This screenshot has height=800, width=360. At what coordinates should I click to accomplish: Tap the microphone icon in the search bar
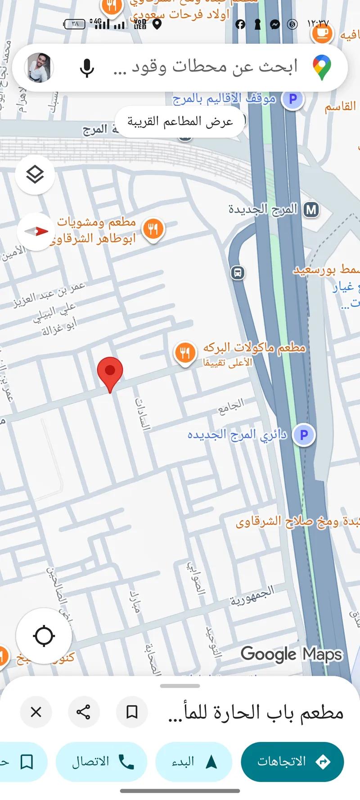pyautogui.click(x=87, y=68)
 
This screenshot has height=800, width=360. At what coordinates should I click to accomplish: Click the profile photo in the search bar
pyautogui.click(x=39, y=68)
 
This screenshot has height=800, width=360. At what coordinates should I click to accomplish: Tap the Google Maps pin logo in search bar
pyautogui.click(x=322, y=67)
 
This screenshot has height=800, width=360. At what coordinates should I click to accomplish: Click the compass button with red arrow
pyautogui.click(x=35, y=231)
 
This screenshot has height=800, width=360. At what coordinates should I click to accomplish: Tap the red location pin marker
pyautogui.click(x=110, y=373)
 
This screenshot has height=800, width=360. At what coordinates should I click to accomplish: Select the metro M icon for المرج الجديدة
pyautogui.click(x=311, y=210)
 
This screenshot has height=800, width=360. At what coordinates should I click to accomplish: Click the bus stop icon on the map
pyautogui.click(x=238, y=273)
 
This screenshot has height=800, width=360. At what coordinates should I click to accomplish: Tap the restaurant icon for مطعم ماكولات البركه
pyautogui.click(x=184, y=353)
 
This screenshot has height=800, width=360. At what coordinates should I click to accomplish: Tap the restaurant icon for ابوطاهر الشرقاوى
pyautogui.click(x=153, y=229)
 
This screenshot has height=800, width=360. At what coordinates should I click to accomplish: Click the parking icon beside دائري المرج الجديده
pyautogui.click(x=304, y=435)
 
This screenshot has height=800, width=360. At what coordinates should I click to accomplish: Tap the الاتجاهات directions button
pyautogui.click(x=292, y=762)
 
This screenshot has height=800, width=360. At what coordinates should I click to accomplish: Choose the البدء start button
pyautogui.click(x=194, y=762)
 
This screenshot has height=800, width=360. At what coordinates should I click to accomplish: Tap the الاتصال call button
pyautogui.click(x=102, y=762)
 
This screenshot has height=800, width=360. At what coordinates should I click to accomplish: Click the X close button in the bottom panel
pyautogui.click(x=36, y=712)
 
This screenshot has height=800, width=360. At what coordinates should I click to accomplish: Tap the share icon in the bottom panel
pyautogui.click(x=83, y=712)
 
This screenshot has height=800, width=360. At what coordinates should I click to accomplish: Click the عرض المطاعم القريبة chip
pyautogui.click(x=180, y=121)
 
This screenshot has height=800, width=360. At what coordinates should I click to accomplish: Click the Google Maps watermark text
pyautogui.click(x=291, y=654)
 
